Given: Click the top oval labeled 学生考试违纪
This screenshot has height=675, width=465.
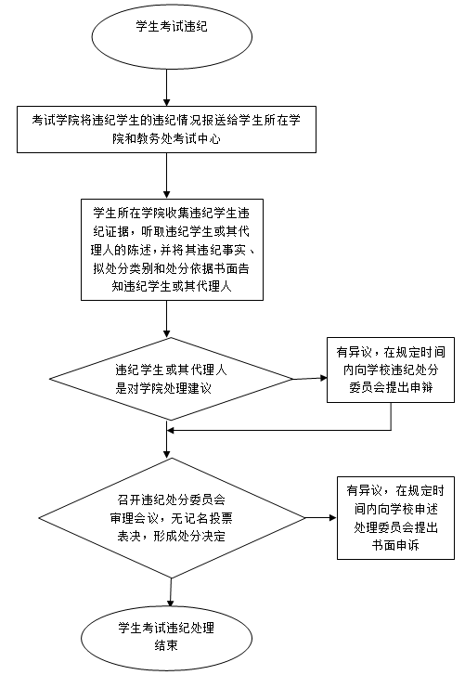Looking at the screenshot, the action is (x=172, y=36).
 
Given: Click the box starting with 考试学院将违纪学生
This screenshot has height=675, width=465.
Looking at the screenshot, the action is (x=166, y=130).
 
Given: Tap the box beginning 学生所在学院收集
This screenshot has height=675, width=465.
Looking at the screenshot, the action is (x=172, y=249).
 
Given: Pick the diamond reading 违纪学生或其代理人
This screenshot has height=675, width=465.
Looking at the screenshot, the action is (x=171, y=379).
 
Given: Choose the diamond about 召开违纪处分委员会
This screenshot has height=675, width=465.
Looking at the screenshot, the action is (x=172, y=518).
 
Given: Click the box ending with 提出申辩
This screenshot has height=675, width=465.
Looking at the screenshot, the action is (x=391, y=370).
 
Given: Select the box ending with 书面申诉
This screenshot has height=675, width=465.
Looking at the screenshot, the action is (x=395, y=518).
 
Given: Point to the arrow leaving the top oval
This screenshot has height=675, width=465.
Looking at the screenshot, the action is (x=167, y=88).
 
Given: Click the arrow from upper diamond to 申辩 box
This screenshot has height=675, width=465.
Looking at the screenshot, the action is (x=310, y=379).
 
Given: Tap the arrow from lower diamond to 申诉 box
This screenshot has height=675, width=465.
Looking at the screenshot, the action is (x=321, y=517).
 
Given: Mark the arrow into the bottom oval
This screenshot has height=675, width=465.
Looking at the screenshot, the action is (x=171, y=592).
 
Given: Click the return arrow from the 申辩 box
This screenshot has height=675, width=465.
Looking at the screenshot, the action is (x=278, y=430).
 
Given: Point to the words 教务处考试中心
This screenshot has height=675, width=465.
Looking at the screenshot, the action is (x=178, y=138).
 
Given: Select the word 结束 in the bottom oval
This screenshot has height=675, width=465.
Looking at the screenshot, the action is (x=166, y=645).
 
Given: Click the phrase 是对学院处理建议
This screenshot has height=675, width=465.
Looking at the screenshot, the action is (x=163, y=388).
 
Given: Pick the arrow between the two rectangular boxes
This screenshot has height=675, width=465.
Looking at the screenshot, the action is (x=167, y=175).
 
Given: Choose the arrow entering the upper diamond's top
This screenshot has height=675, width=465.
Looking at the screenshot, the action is (x=167, y=319).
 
